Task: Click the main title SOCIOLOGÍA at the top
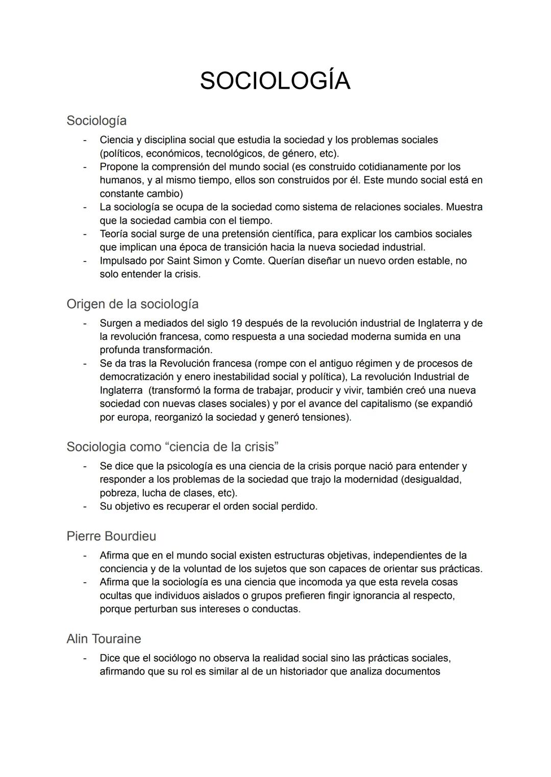pos(275,81)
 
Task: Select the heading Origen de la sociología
pos(132,304)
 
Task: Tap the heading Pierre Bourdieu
pos(111,536)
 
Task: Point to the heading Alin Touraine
pos(104,638)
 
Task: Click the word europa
pos(129,417)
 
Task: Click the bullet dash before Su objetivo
pos(85,506)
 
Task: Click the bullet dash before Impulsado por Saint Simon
pos(85,261)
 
